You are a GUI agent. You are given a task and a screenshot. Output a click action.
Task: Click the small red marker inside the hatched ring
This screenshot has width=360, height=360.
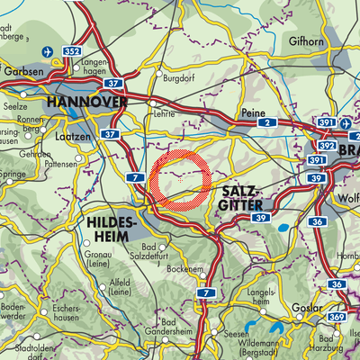(181, 180)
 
